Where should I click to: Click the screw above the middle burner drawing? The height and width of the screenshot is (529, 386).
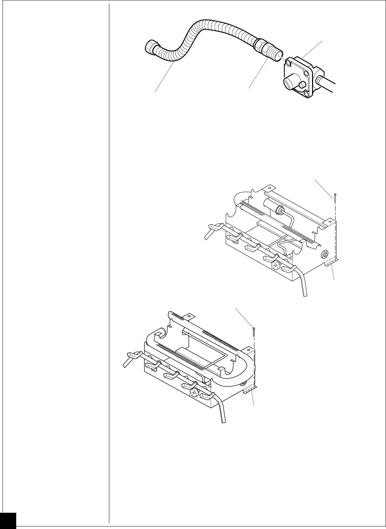point(335,197)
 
